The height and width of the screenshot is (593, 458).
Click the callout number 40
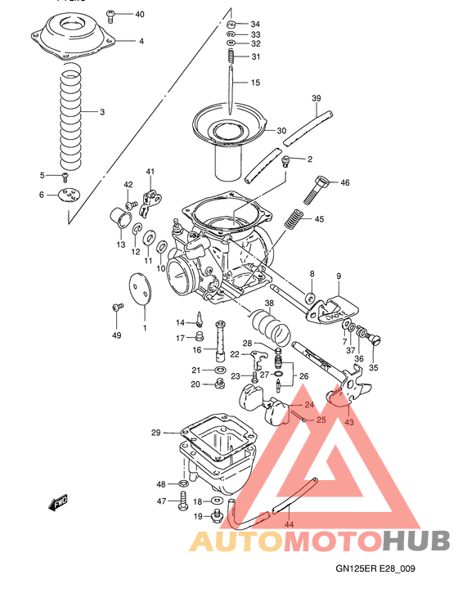point(139,15)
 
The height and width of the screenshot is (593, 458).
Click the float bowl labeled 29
point(216,454)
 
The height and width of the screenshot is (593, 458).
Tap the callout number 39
point(317,98)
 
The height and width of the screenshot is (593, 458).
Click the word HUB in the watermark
point(417,541)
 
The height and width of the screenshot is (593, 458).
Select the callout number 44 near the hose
point(288,524)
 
